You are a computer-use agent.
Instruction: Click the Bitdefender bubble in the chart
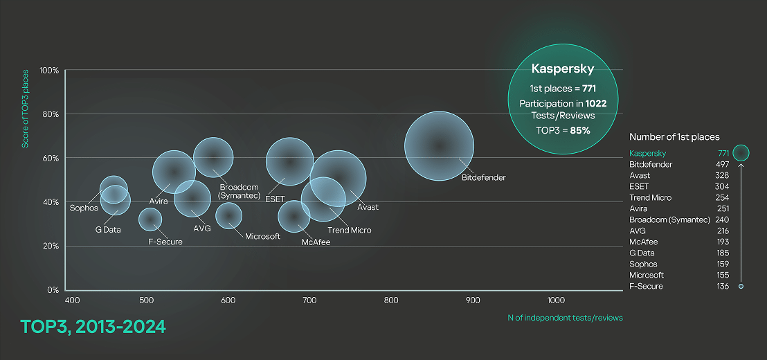point(439,146)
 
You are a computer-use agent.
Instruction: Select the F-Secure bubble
point(150,219)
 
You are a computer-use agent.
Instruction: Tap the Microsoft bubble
point(228,215)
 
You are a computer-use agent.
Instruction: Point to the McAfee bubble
point(294,217)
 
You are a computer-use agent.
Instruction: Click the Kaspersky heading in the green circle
point(558,69)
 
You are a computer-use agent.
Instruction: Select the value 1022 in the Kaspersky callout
point(596,103)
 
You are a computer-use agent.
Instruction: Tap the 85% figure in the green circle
point(580,129)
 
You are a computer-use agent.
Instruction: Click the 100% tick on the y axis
point(49,71)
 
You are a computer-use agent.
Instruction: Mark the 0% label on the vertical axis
point(53,290)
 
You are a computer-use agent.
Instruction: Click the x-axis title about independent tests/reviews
point(565,318)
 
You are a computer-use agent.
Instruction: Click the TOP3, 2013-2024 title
point(93,327)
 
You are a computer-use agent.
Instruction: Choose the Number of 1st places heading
point(674,137)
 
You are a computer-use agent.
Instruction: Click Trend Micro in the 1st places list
point(650,198)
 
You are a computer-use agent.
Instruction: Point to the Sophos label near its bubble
point(84,208)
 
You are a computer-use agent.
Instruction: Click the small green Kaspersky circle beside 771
point(741,152)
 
